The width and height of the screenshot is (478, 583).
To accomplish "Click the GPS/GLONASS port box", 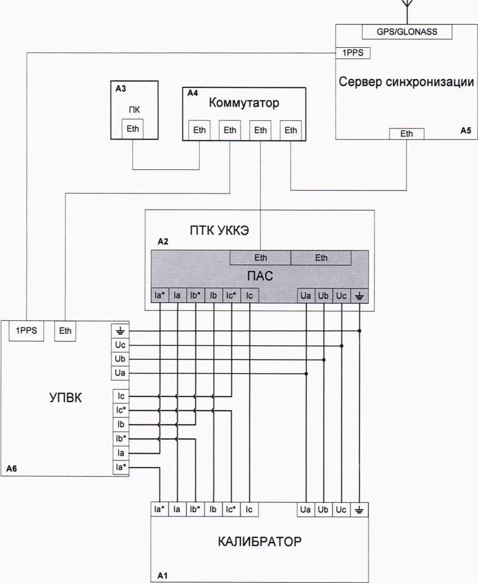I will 407,32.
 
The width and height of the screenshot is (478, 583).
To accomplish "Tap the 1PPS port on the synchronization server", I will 352,52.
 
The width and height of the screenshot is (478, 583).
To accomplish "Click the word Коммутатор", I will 244,103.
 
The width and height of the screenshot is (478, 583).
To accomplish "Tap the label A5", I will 465,131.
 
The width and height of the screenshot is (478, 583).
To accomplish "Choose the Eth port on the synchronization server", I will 406,134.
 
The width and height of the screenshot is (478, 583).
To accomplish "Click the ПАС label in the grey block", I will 260,277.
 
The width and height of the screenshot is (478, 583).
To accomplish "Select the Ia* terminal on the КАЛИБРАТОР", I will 160,509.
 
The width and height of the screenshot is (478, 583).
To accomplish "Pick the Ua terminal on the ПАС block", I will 306,296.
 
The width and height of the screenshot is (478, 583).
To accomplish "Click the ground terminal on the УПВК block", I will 121,330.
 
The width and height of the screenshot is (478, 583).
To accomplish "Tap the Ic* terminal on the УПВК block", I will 121,410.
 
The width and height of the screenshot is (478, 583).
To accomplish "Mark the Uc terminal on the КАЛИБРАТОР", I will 341,509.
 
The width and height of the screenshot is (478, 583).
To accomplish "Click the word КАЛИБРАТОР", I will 259,542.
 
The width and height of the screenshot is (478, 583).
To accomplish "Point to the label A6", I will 12,469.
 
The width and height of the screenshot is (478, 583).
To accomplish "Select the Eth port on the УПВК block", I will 65,331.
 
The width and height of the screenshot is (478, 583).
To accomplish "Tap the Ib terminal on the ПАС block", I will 213,296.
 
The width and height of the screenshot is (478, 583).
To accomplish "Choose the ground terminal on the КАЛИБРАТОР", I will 359,509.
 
